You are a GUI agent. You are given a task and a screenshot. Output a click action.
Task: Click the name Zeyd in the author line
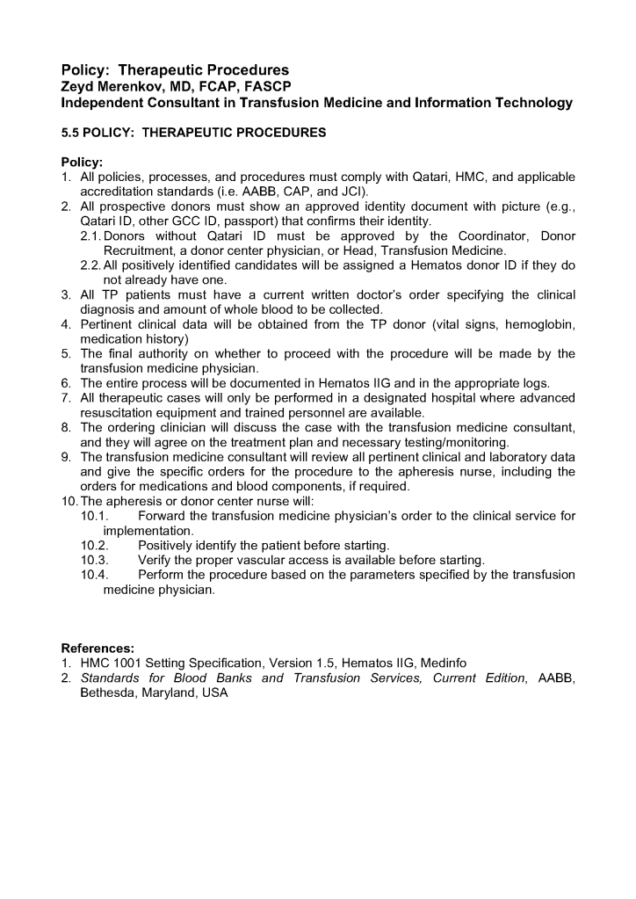click(78, 86)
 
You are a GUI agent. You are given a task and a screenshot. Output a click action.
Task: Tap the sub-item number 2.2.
click(90, 265)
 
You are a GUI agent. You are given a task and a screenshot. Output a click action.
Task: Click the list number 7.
click(65, 398)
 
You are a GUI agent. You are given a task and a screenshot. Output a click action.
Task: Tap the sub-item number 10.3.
click(94, 560)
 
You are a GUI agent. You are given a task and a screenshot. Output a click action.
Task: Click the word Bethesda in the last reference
click(109, 692)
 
